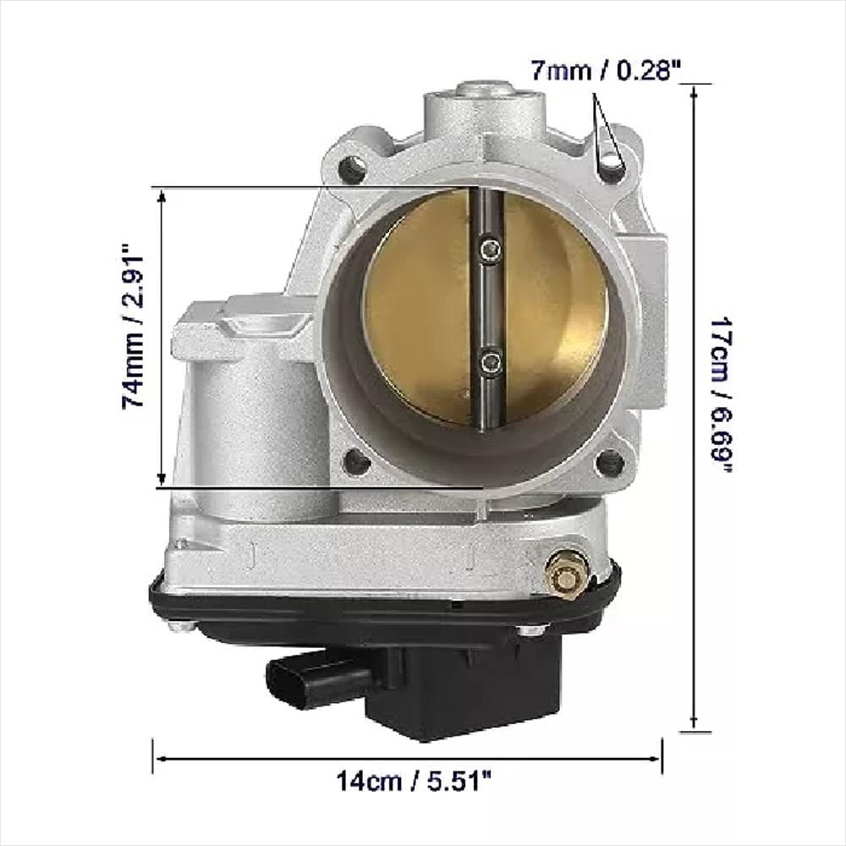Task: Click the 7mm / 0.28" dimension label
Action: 606,70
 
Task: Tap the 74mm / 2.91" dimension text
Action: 134,327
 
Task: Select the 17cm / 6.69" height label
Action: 721,395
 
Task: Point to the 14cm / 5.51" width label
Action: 414,781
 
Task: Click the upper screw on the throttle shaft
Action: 490,250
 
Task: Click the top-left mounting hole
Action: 353,168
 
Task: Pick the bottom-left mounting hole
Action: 356,462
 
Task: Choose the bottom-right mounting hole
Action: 610,464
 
